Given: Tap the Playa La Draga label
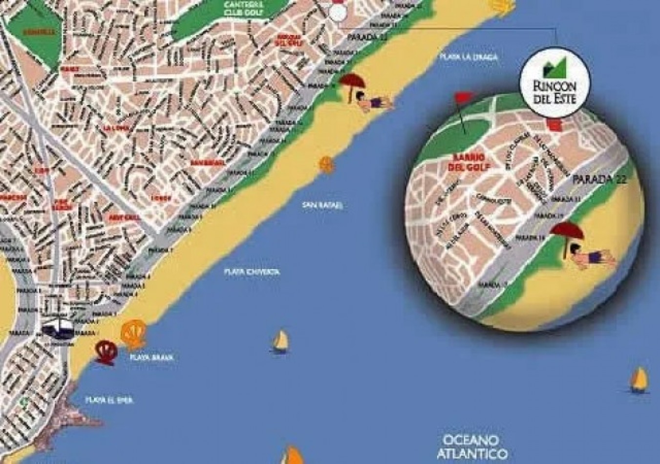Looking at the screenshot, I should point(468,57).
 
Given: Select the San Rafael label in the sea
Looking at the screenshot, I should point(322,205).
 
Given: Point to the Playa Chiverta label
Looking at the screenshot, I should point(252,272).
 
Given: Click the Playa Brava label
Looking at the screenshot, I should point(152,358).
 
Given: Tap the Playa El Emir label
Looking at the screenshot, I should point(109,400).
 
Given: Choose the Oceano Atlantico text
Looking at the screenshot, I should point(471,446).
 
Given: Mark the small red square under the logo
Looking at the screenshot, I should point(554,126).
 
